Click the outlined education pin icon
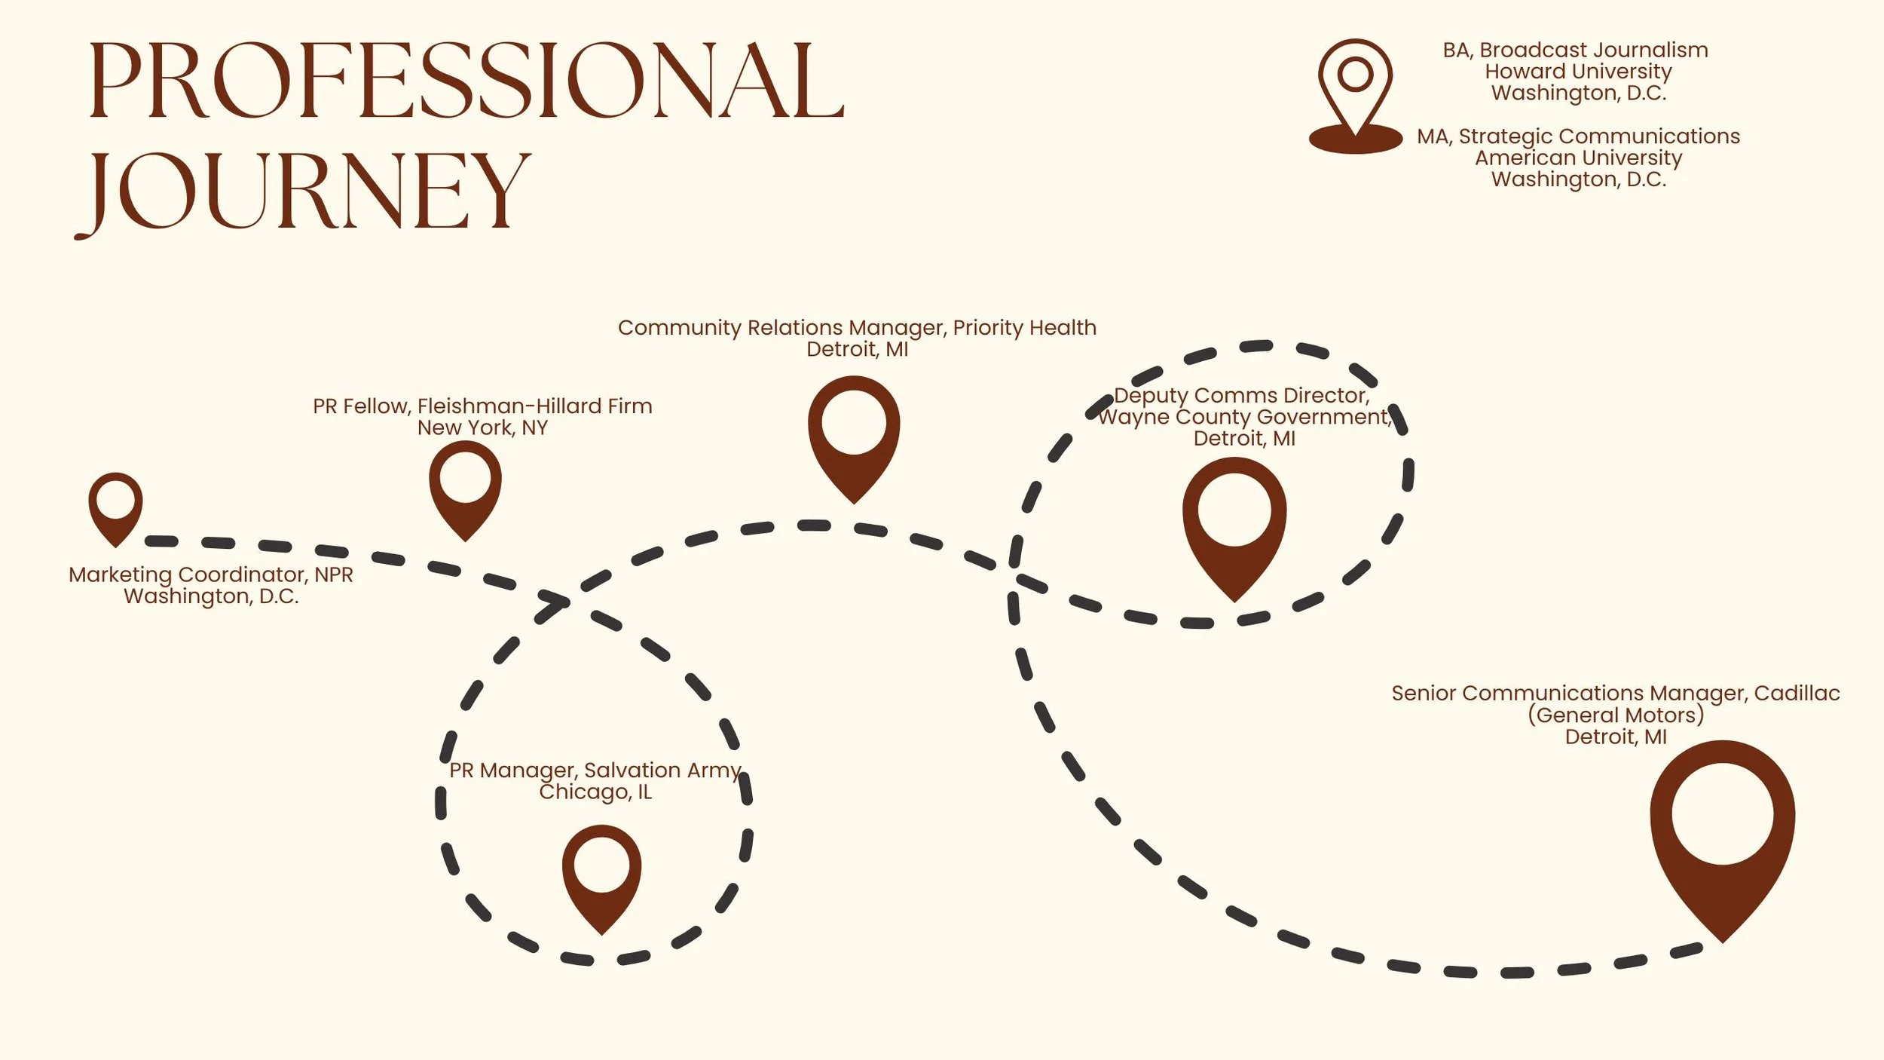[x=1355, y=90]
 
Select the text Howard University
[x=1578, y=72]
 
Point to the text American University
[x=1578, y=158]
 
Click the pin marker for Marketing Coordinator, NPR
[x=115, y=505]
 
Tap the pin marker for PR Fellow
[x=465, y=486]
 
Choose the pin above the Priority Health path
[x=854, y=433]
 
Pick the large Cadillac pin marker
[x=1723, y=829]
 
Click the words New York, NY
[x=482, y=428]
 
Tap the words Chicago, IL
[x=595, y=792]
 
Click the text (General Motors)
[x=1616, y=715]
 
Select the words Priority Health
[x=1024, y=328]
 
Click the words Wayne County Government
[x=1243, y=417]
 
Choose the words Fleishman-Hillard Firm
[x=534, y=406]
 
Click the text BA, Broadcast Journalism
[x=1575, y=51]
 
